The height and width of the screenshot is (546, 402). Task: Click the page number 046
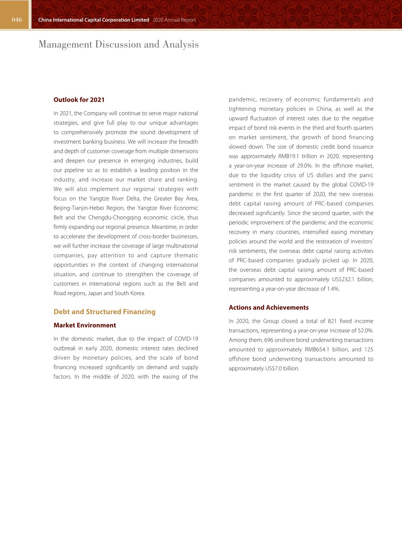pos(17,20)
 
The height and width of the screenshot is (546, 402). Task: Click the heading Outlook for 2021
pos(79,100)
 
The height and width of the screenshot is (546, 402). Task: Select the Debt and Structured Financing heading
pos(104,312)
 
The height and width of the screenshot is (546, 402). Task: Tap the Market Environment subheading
pos(84,325)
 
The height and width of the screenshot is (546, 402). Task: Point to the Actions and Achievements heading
pos(269,308)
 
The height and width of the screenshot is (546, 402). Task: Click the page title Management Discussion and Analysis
pos(119,44)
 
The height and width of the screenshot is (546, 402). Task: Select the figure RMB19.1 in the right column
pos(288,156)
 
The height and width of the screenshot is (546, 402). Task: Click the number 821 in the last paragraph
pos(332,321)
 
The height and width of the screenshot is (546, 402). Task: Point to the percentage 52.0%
pos(366,331)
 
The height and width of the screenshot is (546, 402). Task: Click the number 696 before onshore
pos(269,340)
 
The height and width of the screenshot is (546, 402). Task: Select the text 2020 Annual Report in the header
pos(174,20)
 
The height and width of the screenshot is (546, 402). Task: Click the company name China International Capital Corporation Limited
pos(94,20)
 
